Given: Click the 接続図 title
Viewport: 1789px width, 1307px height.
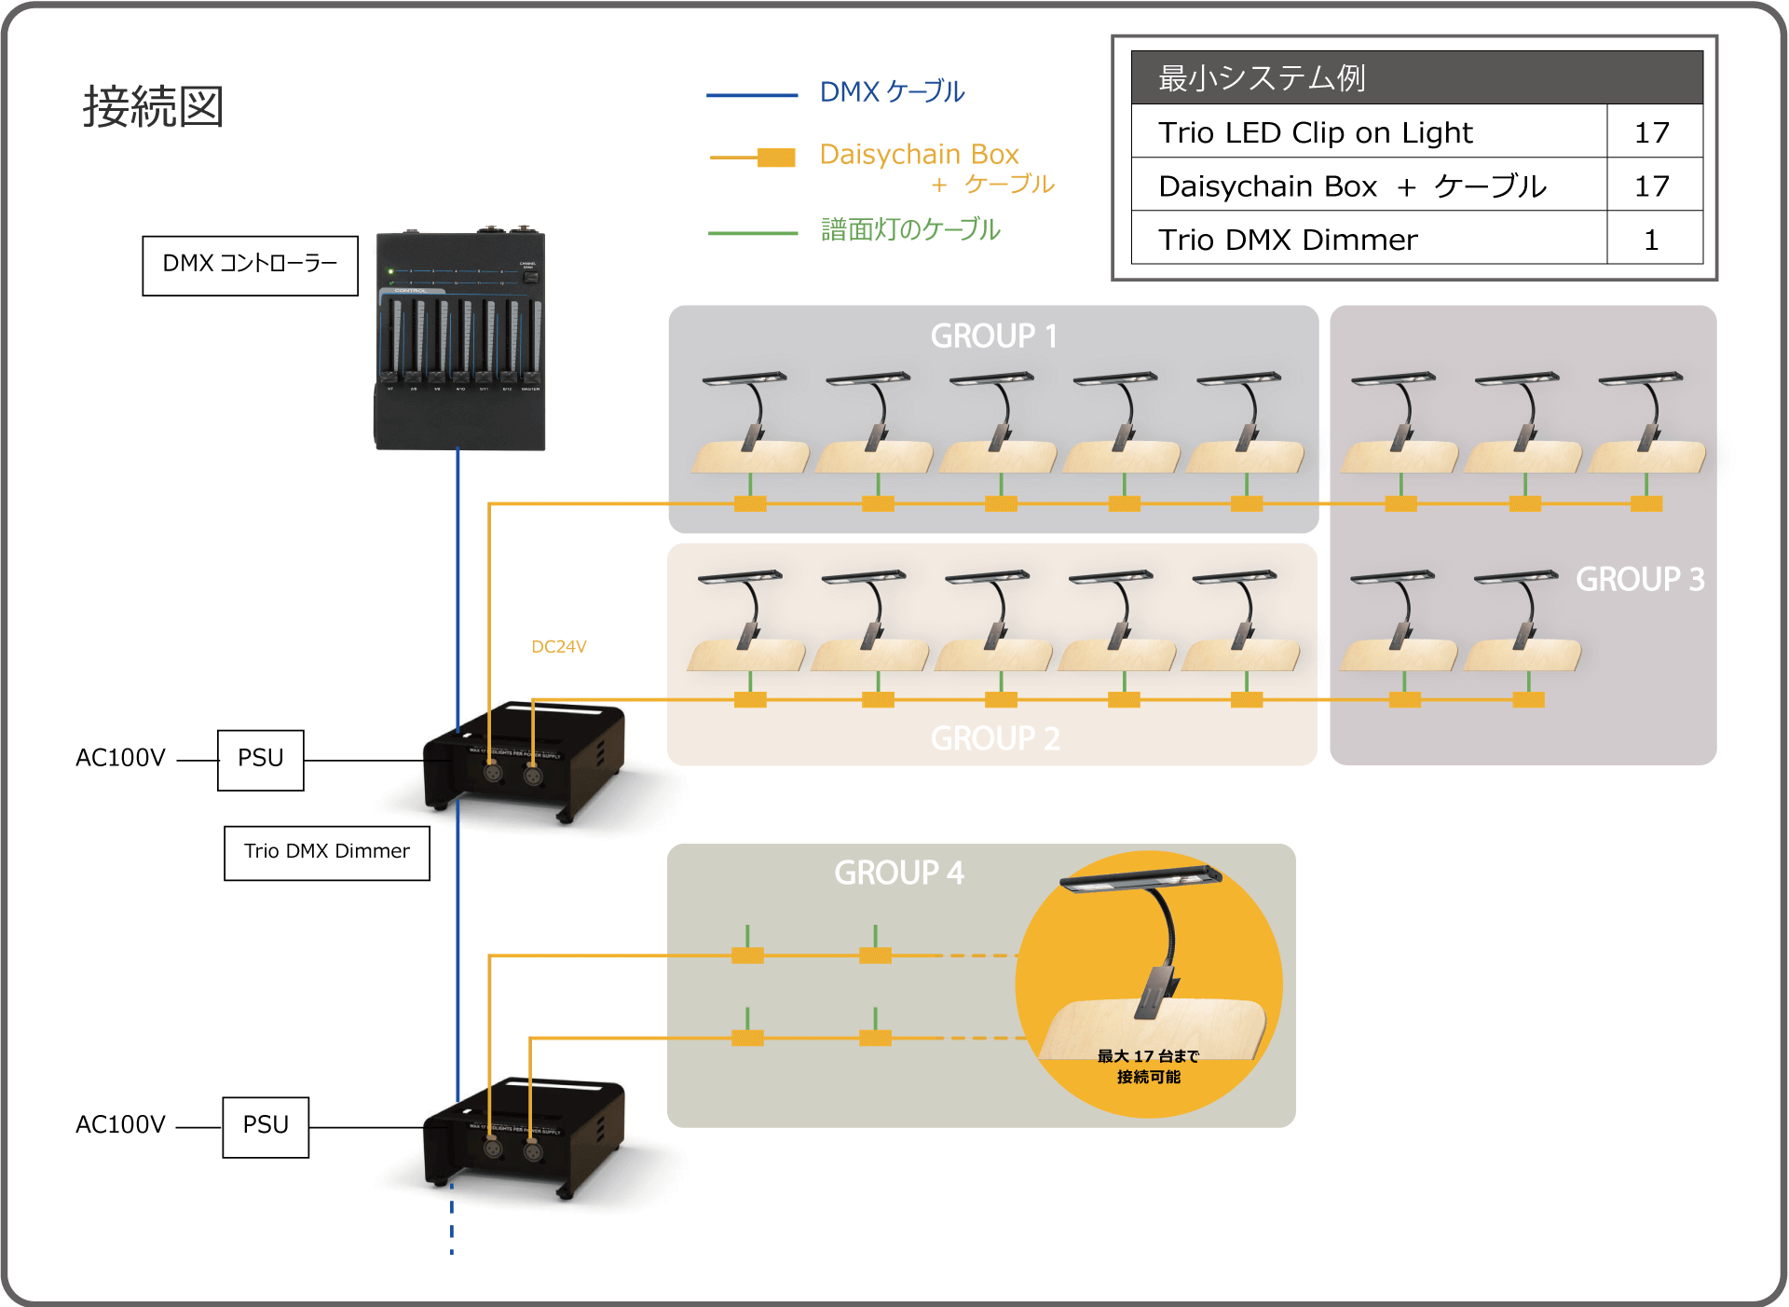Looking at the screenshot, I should (153, 106).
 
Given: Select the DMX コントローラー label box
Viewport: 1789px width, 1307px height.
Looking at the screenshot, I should (250, 265).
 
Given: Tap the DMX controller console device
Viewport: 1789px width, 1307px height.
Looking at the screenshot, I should (459, 340).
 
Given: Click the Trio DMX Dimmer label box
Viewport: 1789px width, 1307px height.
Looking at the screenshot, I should (326, 852).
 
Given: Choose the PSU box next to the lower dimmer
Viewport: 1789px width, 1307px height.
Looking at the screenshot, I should (266, 1126).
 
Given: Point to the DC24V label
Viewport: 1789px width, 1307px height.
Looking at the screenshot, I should (558, 647).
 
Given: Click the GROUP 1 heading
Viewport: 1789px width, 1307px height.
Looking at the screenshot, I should (993, 336).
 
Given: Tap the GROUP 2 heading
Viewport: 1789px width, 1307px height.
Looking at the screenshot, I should (994, 738).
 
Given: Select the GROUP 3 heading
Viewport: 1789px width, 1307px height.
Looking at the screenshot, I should (1639, 579).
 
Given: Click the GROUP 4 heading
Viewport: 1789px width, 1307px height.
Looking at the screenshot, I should (898, 873).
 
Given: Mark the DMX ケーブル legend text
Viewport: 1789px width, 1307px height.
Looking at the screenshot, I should (892, 92).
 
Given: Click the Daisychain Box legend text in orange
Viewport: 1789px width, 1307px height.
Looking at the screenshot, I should (919, 155).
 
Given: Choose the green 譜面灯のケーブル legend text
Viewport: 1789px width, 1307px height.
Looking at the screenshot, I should (909, 229).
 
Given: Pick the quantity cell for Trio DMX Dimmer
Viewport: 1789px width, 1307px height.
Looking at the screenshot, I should (1651, 241).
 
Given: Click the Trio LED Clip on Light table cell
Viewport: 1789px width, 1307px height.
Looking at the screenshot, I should (1315, 133).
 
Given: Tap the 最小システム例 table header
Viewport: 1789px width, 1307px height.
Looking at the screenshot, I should (1262, 78).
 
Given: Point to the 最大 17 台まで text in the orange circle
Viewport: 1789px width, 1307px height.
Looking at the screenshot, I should (1147, 1056).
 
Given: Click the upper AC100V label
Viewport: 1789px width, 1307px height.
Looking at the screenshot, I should (120, 758).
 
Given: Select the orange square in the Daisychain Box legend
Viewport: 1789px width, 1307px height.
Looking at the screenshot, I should (776, 158).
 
